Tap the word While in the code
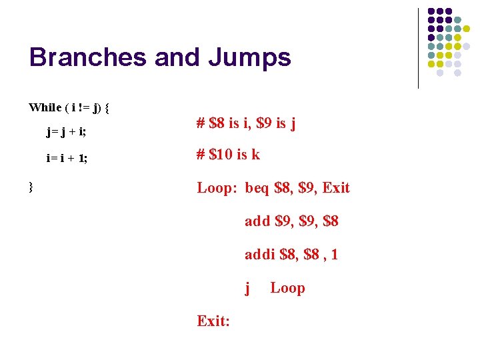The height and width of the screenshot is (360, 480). [x=45, y=107]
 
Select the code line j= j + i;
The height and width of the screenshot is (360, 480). [x=66, y=131]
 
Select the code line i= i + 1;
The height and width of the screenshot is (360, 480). [x=67, y=159]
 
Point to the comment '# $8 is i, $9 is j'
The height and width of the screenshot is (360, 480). [x=246, y=123]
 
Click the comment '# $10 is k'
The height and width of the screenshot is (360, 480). [x=228, y=155]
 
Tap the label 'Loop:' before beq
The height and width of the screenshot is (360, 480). [x=217, y=188]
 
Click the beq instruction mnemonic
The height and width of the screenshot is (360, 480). [x=257, y=188]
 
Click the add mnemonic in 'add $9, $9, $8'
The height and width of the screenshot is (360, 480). [x=257, y=221]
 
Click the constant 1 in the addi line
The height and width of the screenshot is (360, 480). [x=334, y=254]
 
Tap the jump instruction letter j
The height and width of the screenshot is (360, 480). [x=248, y=288]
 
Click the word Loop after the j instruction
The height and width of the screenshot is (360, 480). [x=287, y=288]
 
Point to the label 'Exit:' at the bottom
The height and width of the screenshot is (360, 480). [x=213, y=321]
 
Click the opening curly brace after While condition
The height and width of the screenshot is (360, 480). [x=107, y=107]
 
